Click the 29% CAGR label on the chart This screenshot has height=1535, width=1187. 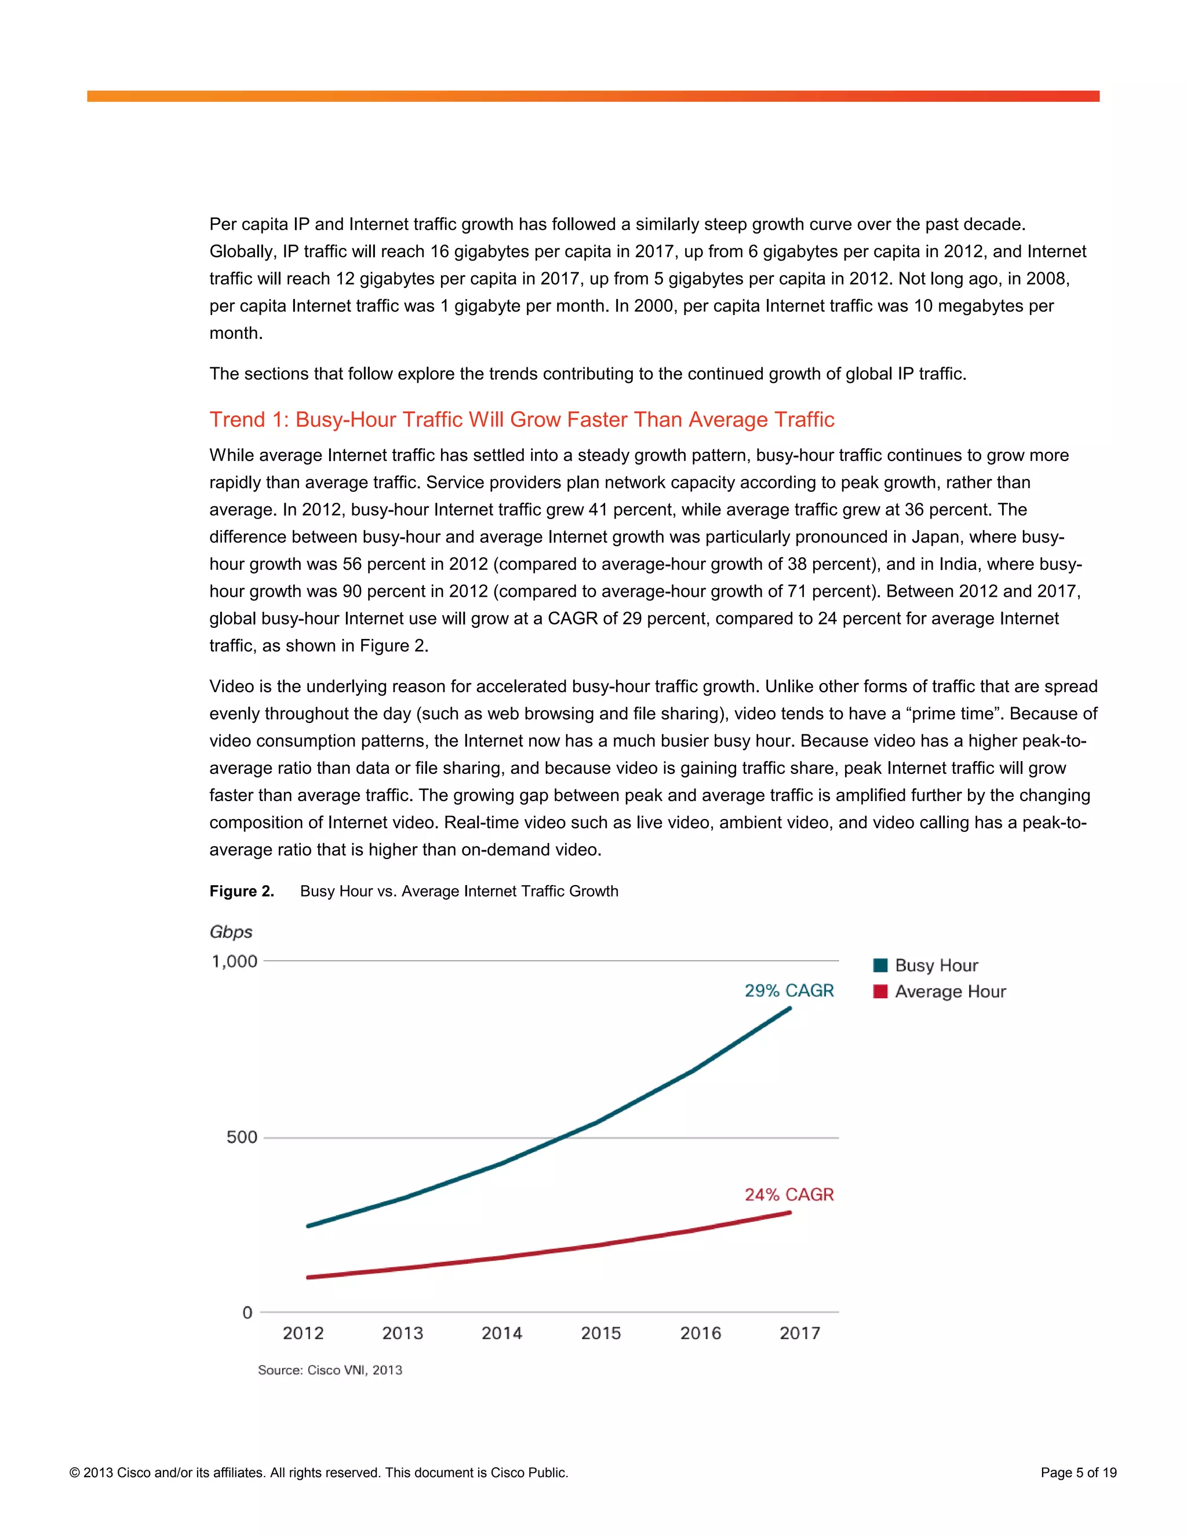(789, 991)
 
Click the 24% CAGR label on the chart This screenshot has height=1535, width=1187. (789, 1194)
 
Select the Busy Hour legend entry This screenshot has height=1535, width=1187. (935, 965)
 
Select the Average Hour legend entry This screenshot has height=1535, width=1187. (949, 991)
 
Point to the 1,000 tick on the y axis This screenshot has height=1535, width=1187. (235, 961)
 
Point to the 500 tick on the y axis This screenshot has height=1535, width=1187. (242, 1137)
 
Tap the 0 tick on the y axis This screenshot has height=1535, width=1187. (247, 1312)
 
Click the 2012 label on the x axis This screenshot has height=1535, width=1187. (303, 1333)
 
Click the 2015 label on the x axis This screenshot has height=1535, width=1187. (601, 1333)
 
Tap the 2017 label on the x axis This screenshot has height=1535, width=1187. (799, 1333)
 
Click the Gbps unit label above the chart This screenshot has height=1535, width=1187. (231, 932)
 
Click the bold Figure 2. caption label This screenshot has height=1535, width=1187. (242, 891)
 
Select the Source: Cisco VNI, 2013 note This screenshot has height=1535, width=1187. (330, 1370)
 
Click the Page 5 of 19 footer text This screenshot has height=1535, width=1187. (1078, 1472)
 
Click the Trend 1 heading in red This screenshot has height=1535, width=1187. (521, 419)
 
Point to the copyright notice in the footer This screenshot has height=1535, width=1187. (319, 1472)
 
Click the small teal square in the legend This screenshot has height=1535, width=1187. (880, 965)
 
